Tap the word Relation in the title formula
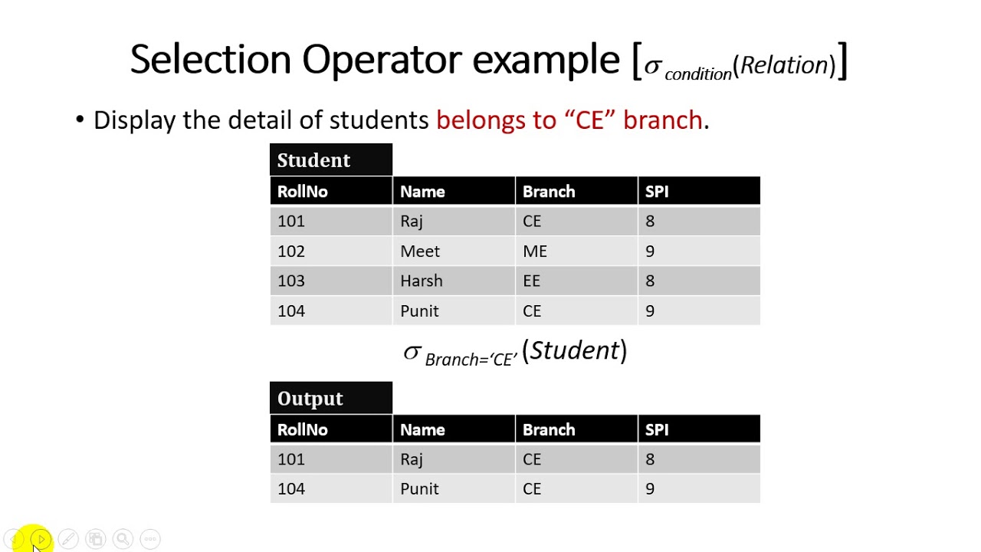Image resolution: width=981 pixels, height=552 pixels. coord(784,66)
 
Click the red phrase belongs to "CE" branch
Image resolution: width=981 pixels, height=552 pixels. coord(569,120)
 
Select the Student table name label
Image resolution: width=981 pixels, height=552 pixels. coord(314,160)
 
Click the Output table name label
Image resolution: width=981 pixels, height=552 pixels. coord(310,399)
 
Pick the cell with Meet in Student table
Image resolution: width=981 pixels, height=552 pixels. coord(420,251)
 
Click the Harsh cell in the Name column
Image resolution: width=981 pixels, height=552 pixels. coord(422,281)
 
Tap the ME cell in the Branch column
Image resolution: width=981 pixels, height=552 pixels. coord(535,251)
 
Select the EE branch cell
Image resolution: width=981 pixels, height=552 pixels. coord(532,281)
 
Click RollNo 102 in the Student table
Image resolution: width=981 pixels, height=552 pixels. coord(291,251)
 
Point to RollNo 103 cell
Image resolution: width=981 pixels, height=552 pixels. coord(291,281)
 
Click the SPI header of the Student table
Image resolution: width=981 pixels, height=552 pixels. coord(657,192)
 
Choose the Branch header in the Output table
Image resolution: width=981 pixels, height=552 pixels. coord(549,430)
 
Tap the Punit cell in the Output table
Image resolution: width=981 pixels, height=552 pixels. coord(419,489)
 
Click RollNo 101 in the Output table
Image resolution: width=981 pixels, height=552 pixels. coord(291,459)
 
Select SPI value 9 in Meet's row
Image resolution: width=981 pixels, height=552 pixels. coord(650,251)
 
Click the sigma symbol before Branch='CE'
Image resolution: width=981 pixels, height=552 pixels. coord(412,353)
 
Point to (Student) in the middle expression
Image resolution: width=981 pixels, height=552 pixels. coord(575,351)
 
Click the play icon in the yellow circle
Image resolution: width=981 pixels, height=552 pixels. coord(41,539)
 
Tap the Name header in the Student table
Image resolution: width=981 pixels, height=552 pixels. coord(422,192)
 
